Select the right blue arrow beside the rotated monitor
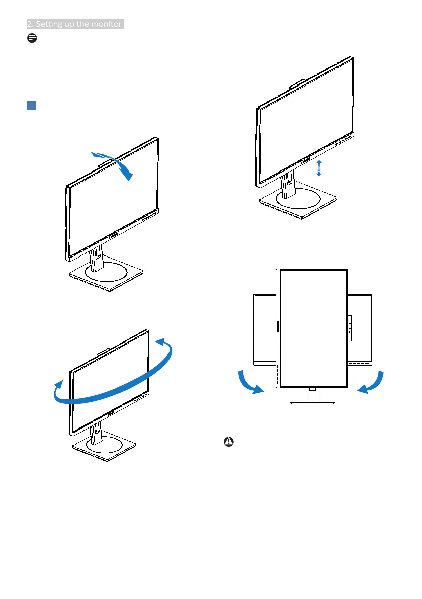click(x=373, y=383)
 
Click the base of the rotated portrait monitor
click(x=313, y=402)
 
